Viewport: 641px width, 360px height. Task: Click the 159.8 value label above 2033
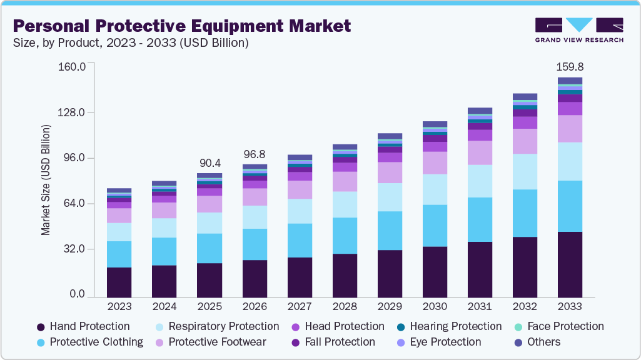click(570, 67)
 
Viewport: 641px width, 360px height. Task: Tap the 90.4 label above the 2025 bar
click(209, 162)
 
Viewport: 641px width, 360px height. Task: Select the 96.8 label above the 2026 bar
click(255, 154)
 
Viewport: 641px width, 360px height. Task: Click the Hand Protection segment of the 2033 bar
click(570, 264)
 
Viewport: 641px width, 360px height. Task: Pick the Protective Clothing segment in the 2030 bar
click(435, 225)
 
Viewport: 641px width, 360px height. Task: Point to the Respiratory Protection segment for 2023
click(119, 232)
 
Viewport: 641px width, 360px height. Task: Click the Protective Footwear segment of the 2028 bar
click(345, 181)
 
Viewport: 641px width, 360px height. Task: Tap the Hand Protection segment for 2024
click(164, 281)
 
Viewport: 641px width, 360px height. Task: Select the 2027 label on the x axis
click(300, 307)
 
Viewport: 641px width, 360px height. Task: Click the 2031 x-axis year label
click(480, 307)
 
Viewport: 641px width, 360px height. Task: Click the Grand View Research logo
click(578, 30)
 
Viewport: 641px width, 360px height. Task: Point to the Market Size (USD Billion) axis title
click(46, 181)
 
